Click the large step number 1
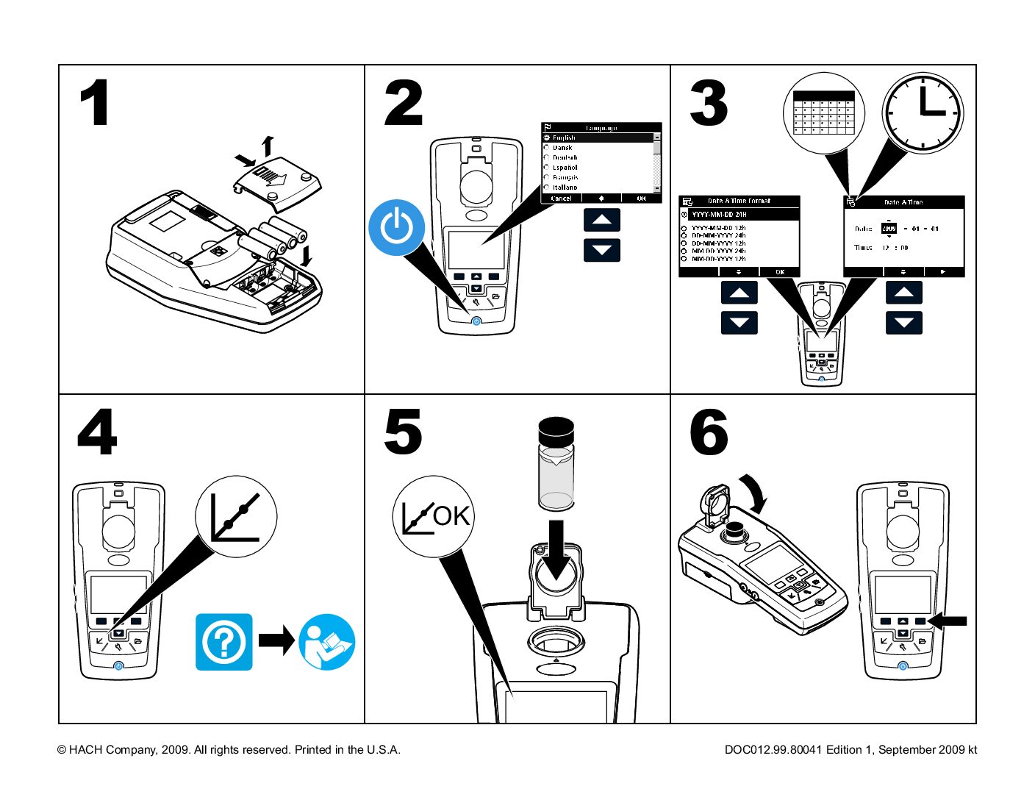(96, 104)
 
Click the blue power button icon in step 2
(397, 227)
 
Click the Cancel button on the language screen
(561, 199)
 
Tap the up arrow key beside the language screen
(602, 220)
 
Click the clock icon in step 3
(923, 113)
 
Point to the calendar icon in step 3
(823, 113)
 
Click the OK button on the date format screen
(780, 272)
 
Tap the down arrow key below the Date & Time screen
(903, 322)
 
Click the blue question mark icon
(224, 642)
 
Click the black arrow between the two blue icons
(276, 640)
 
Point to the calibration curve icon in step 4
(235, 516)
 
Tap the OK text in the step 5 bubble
(451, 516)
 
